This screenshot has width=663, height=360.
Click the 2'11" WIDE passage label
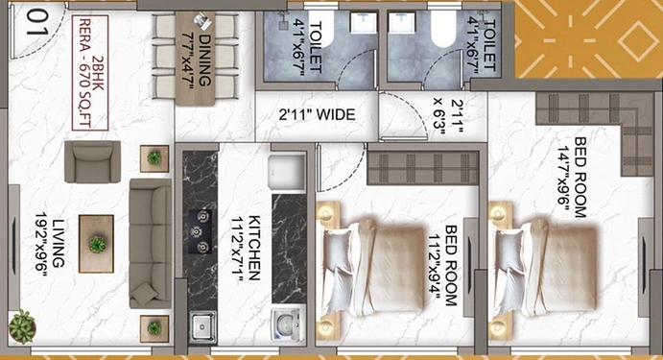pyautogui.click(x=317, y=115)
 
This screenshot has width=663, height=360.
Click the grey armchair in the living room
pyautogui.click(x=92, y=161)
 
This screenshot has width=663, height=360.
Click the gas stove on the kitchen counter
pyautogui.click(x=201, y=230)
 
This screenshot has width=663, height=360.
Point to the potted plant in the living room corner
pyautogui.click(x=22, y=324)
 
